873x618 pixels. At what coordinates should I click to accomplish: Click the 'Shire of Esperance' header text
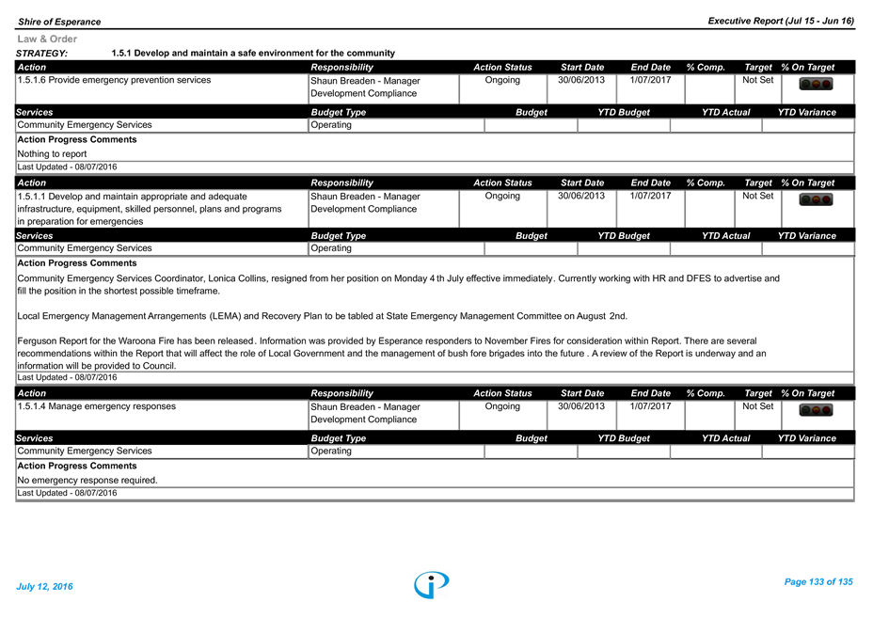coord(59,22)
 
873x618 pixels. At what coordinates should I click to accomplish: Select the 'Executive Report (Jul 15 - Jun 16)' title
coord(781,21)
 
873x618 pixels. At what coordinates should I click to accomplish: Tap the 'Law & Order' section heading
coord(47,39)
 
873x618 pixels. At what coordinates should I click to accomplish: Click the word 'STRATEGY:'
coord(41,54)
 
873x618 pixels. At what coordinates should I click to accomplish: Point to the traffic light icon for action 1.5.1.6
coord(816,84)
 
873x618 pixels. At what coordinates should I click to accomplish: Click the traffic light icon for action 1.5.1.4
coord(816,410)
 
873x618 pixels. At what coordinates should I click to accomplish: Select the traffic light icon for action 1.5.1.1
coord(816,199)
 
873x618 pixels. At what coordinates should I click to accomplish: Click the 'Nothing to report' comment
coord(52,153)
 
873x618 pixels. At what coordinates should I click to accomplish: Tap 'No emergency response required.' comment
coord(87,480)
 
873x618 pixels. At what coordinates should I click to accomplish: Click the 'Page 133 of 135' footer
coord(818,582)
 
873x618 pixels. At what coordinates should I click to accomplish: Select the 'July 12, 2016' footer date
coord(44,586)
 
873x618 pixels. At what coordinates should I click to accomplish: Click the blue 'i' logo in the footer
coord(432,585)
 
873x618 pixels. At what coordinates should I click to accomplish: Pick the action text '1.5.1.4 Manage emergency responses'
coord(96,406)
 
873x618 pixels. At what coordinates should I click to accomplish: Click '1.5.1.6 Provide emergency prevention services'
coord(114,80)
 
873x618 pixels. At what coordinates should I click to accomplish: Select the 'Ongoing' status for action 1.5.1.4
coord(502,406)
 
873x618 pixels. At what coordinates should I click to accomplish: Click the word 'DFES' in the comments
coord(698,278)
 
